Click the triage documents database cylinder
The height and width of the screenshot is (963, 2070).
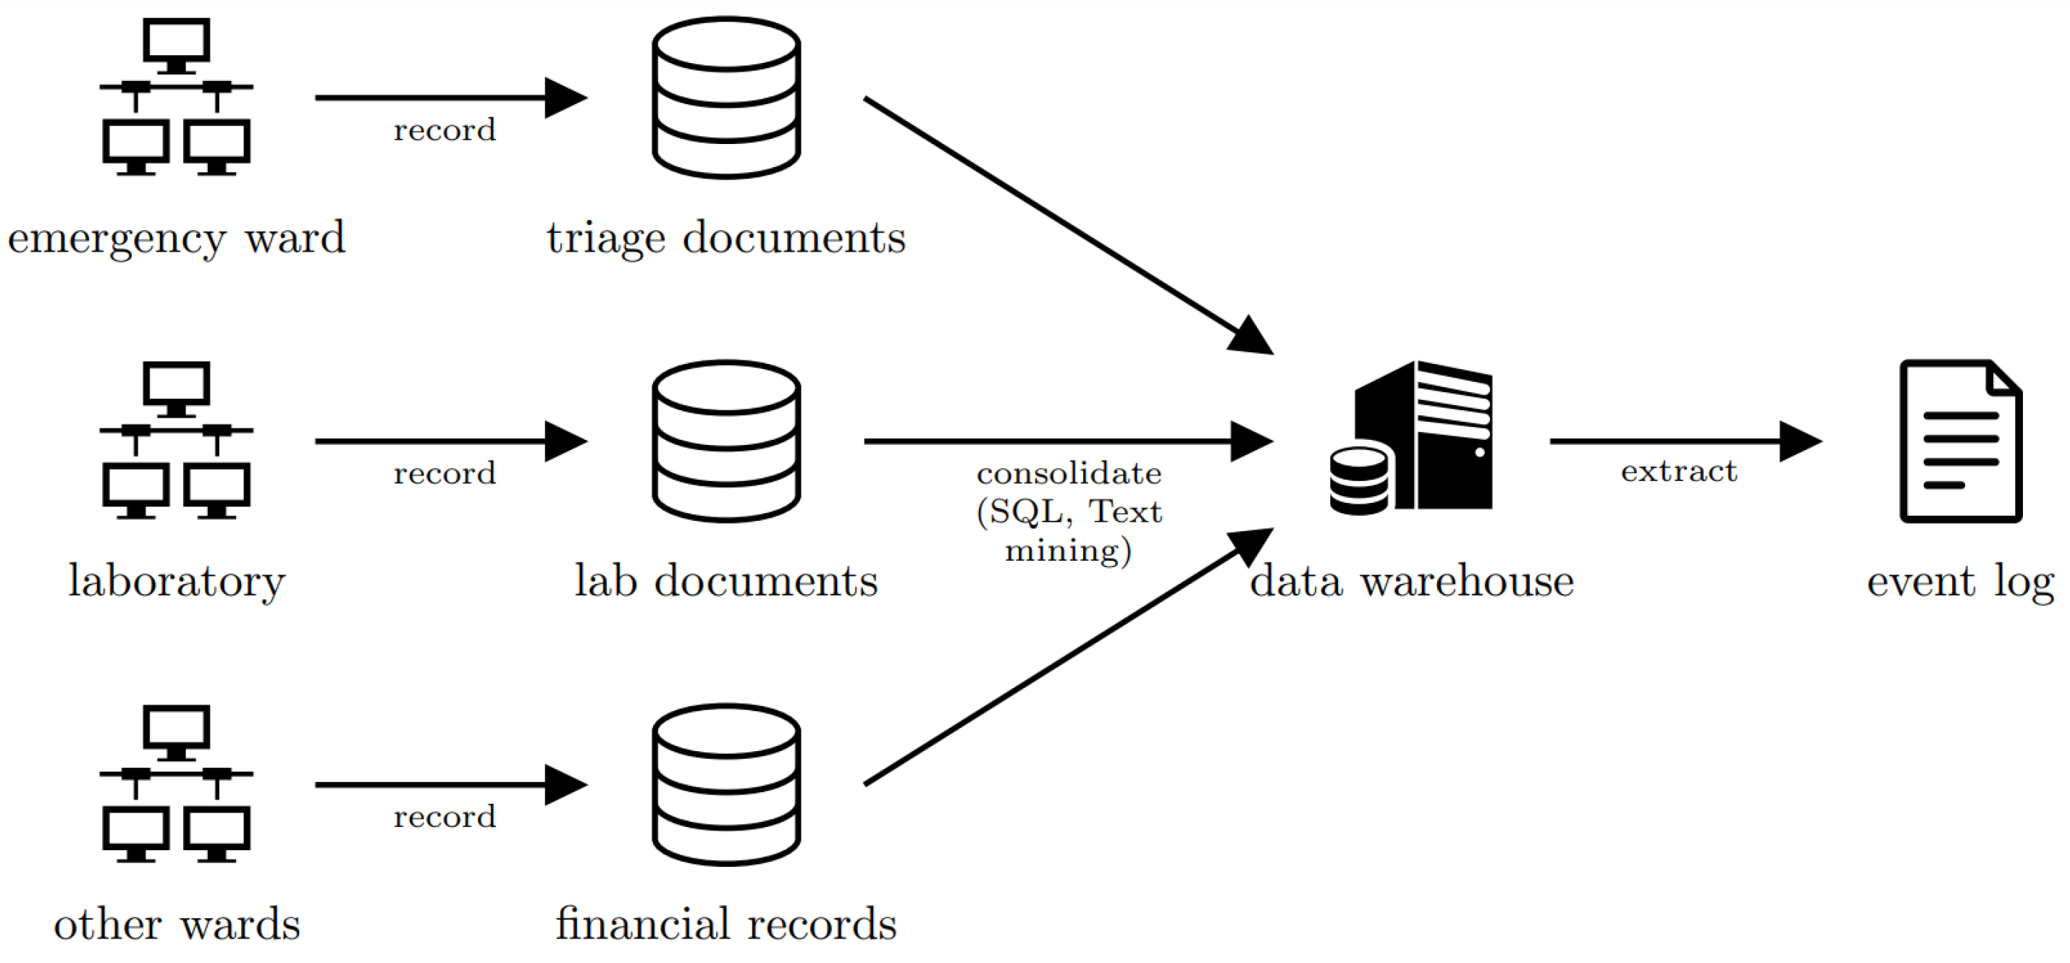(725, 97)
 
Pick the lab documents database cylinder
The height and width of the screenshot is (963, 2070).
(725, 441)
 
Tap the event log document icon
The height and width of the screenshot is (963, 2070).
(1960, 441)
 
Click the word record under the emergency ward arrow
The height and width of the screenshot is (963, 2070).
(445, 130)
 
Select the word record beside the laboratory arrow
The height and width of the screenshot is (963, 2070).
(445, 473)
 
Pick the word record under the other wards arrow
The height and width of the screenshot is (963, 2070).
(445, 817)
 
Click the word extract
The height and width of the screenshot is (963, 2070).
(1678, 472)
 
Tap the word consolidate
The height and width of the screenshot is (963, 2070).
(1069, 473)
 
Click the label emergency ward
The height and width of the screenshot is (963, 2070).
(176, 238)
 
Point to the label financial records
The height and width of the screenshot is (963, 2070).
(725, 924)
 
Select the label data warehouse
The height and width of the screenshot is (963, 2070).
(1412, 581)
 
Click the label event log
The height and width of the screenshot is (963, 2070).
(1960, 581)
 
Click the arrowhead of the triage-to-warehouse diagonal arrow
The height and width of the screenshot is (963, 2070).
(1251, 336)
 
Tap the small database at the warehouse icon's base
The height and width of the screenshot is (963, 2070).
(1358, 480)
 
